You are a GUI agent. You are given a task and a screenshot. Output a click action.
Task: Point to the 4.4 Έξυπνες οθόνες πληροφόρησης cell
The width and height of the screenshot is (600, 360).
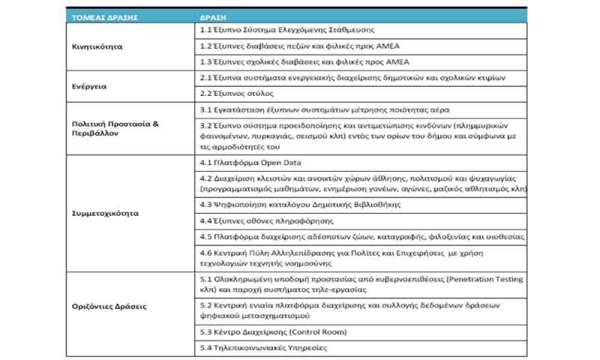pyautogui.click(x=265, y=220)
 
